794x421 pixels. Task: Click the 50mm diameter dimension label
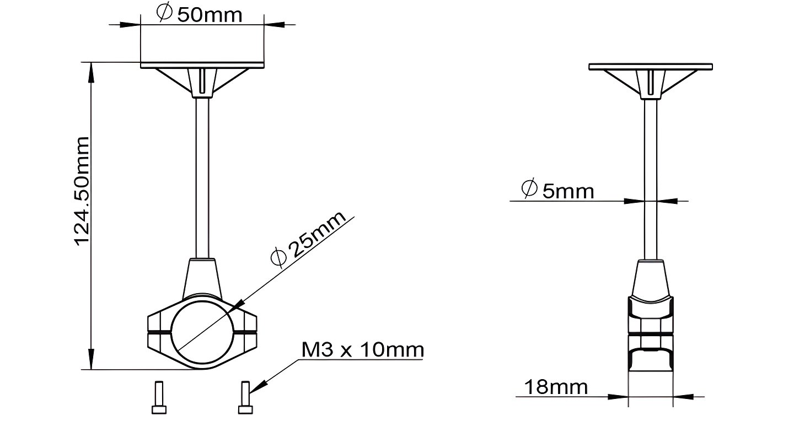tap(199, 14)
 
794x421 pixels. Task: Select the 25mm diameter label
tap(308, 239)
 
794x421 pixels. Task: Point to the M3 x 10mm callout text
tap(363, 350)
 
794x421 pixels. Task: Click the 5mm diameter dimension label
tap(557, 190)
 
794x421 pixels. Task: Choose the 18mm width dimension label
tap(556, 387)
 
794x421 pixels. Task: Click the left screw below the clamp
tap(159, 397)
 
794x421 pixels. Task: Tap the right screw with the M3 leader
tap(245, 397)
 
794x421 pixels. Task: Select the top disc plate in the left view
tap(202, 65)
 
